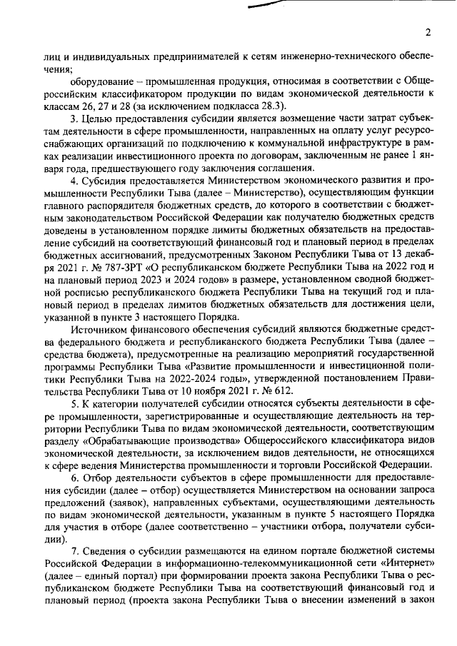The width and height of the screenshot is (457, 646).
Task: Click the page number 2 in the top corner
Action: coord(426,31)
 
